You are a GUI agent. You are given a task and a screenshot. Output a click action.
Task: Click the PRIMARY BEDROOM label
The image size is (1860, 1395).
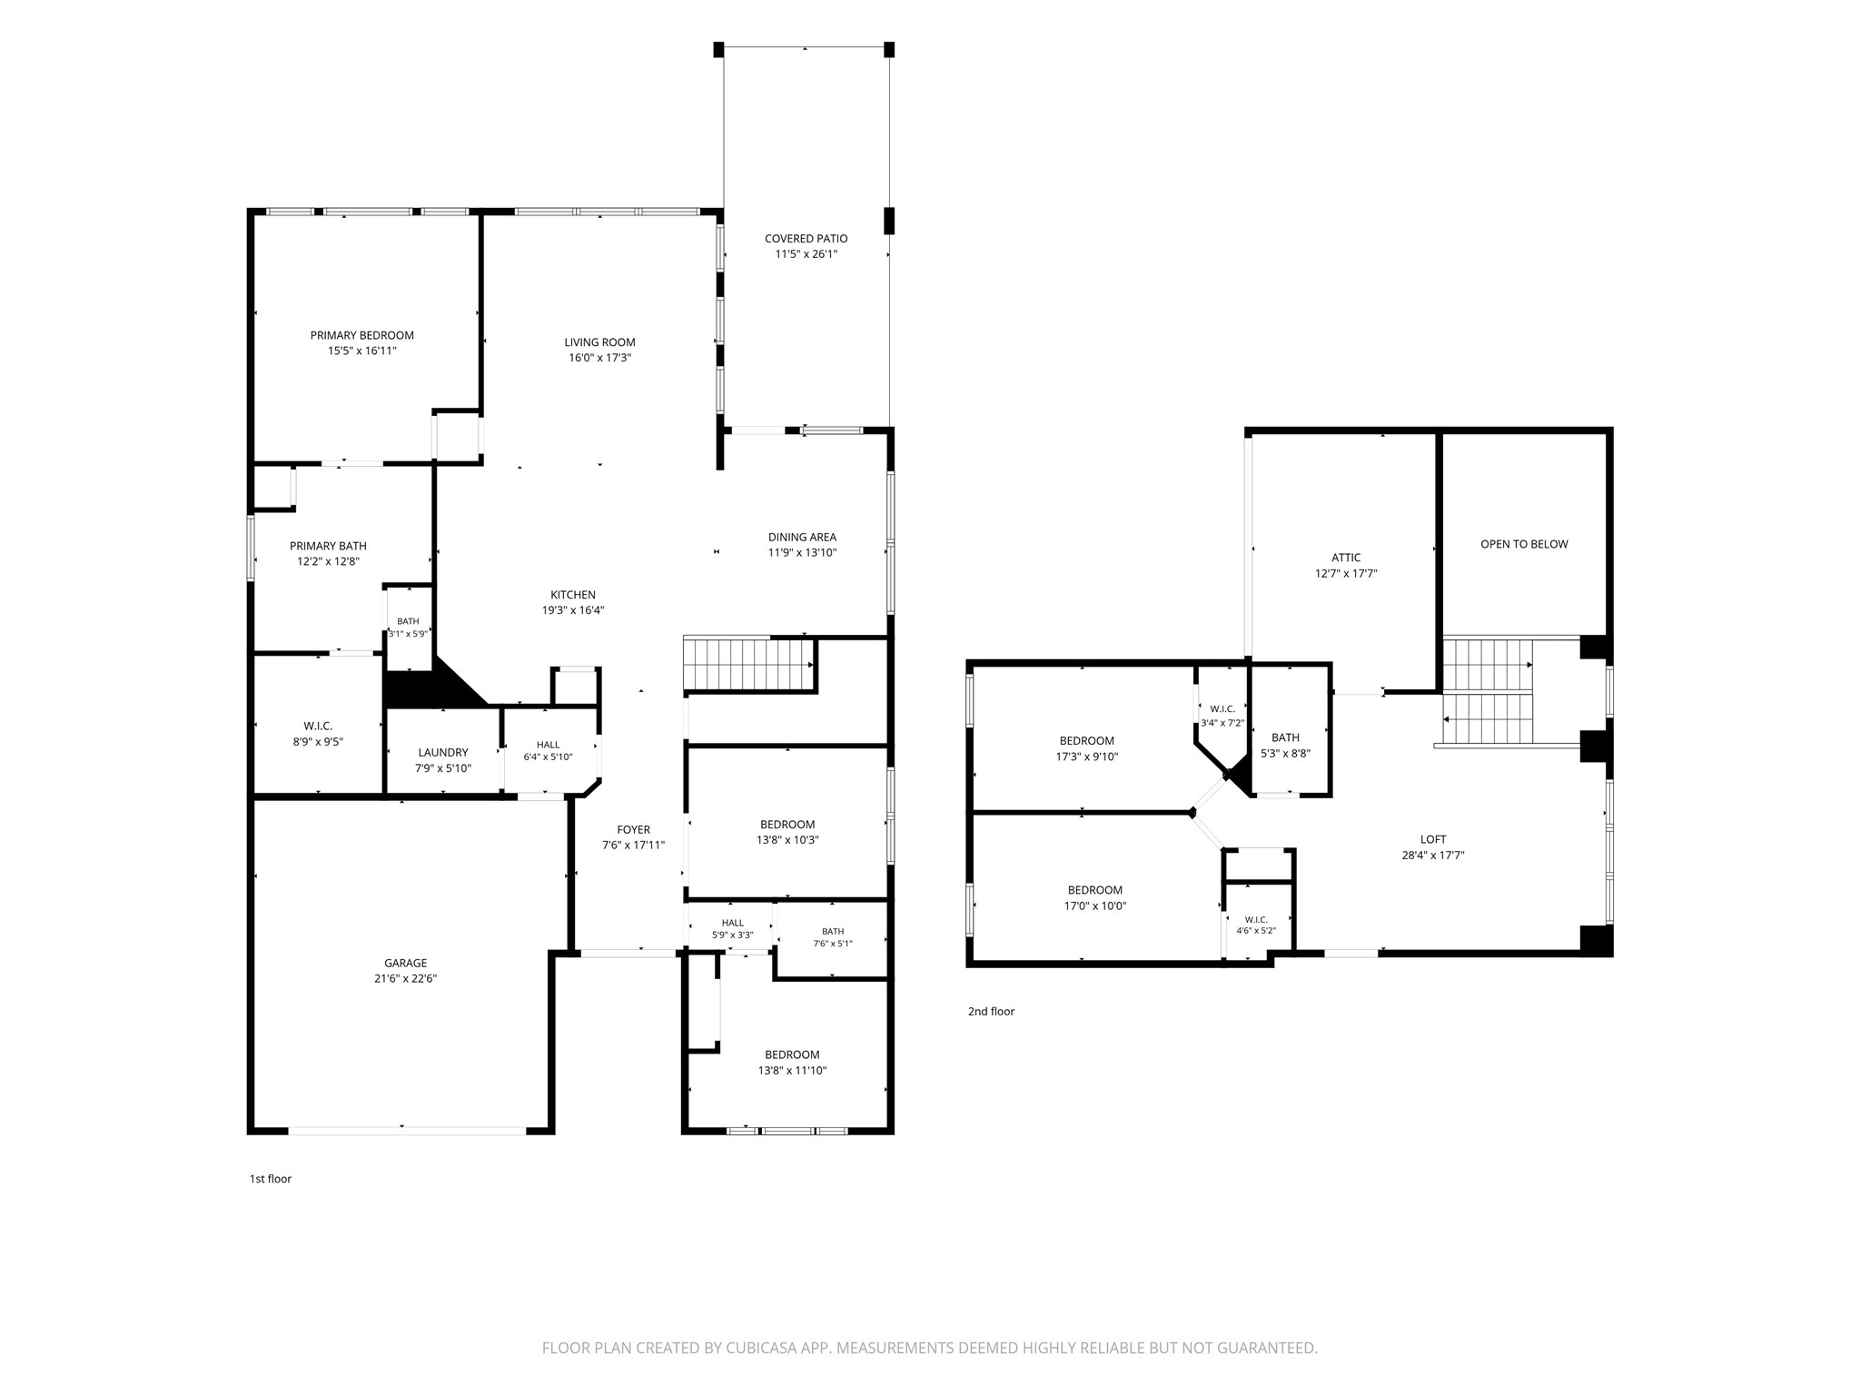point(361,335)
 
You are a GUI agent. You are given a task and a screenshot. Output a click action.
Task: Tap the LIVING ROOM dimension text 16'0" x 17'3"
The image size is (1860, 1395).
point(599,358)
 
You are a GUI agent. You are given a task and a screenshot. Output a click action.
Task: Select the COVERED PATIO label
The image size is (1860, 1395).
point(806,239)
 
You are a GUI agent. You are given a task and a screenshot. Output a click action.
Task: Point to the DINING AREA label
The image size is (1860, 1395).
point(802,537)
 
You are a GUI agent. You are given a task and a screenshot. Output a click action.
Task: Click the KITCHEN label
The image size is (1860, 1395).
point(573,595)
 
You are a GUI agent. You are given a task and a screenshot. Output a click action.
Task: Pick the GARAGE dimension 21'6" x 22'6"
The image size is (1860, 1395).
point(405,979)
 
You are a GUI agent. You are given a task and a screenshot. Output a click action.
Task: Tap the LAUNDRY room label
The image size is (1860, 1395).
point(443,753)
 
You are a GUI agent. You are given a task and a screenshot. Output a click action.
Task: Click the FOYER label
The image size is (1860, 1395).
point(633,829)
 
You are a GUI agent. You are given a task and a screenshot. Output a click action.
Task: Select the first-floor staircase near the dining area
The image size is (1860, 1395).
point(747,664)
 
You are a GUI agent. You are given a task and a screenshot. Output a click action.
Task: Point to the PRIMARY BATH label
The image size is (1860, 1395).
point(328,546)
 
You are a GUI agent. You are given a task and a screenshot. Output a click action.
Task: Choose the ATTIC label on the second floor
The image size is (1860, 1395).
point(1346,559)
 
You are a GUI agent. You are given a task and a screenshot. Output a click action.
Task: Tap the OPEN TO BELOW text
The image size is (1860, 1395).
point(1524,544)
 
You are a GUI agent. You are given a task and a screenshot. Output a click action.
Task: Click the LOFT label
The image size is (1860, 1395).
point(1433,840)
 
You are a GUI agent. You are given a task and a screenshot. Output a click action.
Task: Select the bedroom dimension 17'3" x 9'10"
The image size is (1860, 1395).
point(1087,757)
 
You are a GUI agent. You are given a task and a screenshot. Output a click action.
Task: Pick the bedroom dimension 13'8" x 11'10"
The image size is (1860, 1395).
point(792,1071)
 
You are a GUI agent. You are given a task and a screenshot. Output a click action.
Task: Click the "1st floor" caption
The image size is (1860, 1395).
point(271,1179)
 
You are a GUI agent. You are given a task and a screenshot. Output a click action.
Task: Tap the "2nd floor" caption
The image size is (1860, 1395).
point(991,1011)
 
